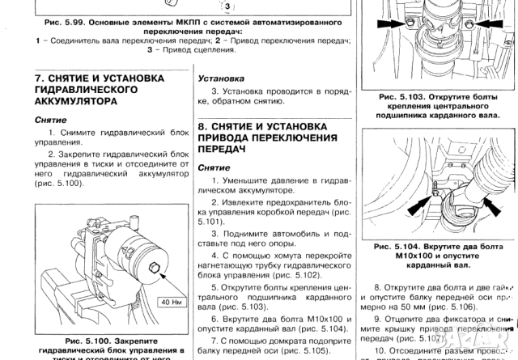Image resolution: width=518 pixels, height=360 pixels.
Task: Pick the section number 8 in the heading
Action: tap(202, 127)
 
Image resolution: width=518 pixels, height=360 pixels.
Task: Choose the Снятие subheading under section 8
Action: tap(215, 167)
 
